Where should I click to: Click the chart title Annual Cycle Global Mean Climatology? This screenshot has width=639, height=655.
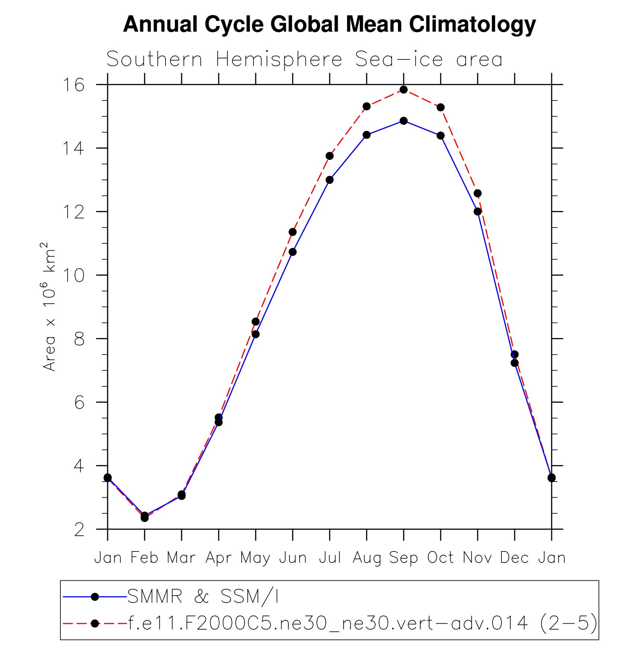[329, 24]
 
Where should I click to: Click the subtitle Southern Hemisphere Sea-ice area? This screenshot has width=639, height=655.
[304, 59]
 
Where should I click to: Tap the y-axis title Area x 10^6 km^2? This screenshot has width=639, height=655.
[49, 307]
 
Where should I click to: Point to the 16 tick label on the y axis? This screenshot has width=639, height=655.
[73, 85]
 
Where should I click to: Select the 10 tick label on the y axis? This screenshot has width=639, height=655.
[73, 275]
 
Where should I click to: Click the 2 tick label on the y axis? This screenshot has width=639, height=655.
[79, 529]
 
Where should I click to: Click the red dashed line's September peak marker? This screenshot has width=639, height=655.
[404, 90]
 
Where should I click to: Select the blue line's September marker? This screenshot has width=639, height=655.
[404, 121]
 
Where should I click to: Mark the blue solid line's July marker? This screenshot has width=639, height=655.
[330, 180]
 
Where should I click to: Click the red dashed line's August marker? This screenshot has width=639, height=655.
[367, 106]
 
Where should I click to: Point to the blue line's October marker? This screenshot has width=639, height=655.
[441, 135]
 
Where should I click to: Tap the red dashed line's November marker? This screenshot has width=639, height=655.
[478, 193]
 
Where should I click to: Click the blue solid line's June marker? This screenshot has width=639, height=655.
[293, 252]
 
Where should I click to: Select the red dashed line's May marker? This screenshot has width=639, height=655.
[256, 322]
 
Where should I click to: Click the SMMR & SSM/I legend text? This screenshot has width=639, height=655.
[203, 597]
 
